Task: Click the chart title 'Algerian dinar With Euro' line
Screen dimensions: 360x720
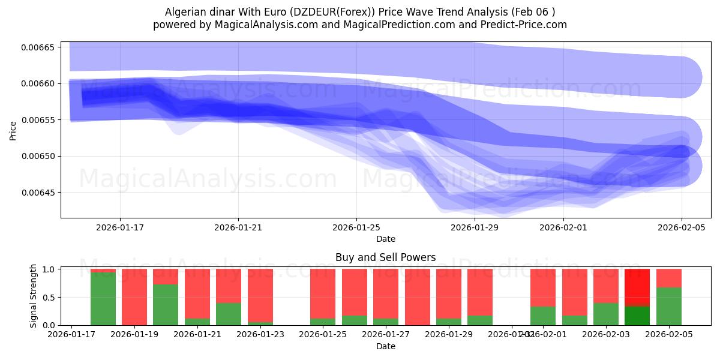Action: point(359,12)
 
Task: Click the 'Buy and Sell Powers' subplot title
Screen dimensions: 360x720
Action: point(385,257)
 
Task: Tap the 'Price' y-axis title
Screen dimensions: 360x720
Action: point(13,130)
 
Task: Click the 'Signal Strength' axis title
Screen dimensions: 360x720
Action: point(34,296)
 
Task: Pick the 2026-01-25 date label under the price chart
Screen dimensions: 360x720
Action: point(356,227)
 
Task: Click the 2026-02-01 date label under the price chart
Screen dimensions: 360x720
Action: point(563,227)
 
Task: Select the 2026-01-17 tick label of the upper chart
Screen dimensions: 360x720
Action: point(119,227)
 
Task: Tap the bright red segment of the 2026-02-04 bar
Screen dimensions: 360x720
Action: point(637,287)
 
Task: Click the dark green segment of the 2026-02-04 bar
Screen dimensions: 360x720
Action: point(637,316)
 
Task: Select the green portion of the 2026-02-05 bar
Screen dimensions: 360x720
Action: point(668,307)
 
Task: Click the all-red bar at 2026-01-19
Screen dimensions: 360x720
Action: point(134,297)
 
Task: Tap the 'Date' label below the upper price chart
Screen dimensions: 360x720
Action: point(385,239)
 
